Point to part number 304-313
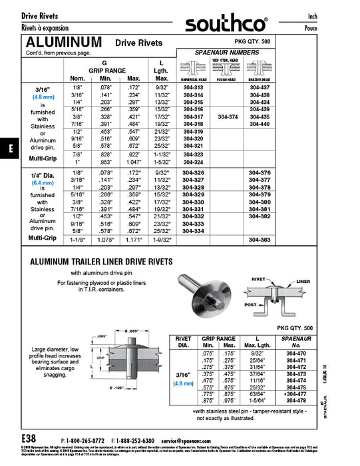tap(193, 89)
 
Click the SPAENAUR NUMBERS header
tap(226, 52)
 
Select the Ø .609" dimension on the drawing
tap(131, 332)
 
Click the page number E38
tap(29, 439)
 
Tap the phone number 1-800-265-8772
tap(86, 441)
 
